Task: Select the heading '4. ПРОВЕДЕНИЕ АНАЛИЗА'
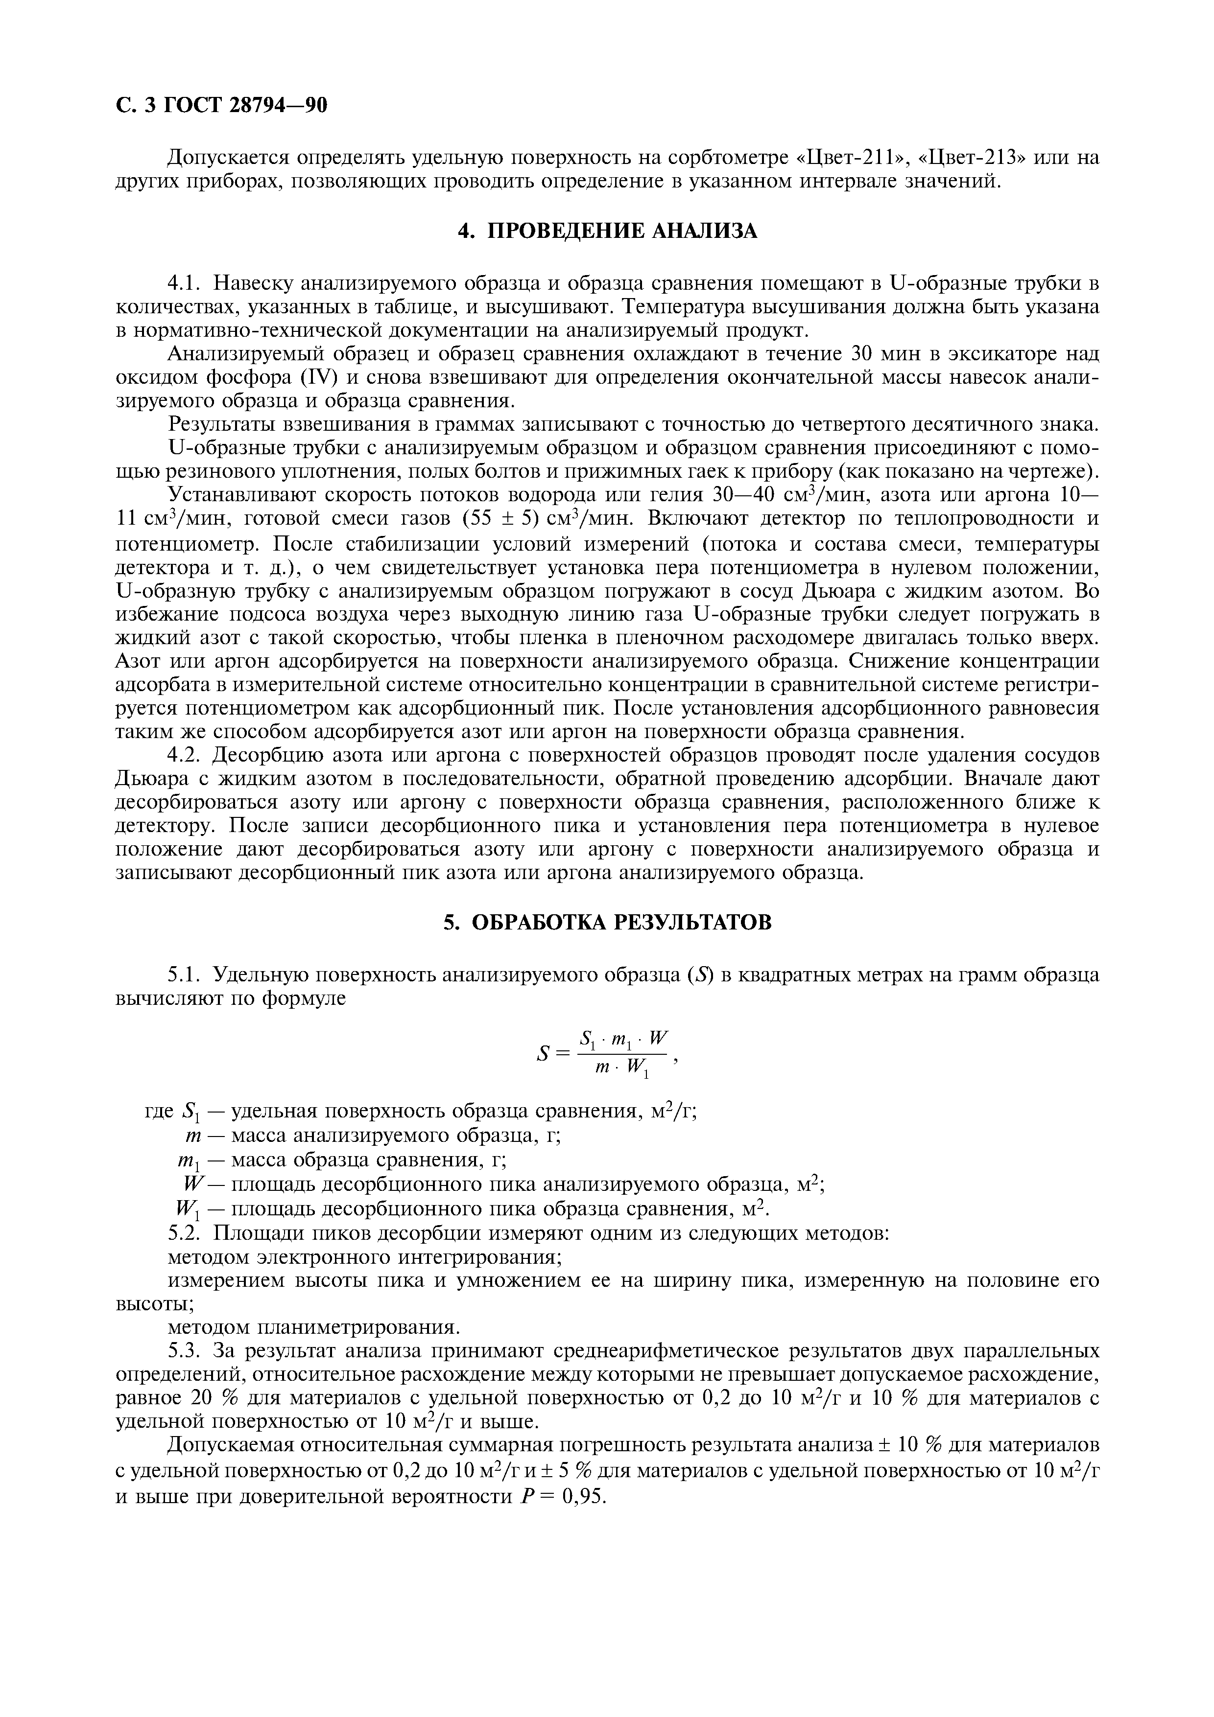pos(607,231)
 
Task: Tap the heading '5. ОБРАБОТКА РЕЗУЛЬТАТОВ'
pos(607,922)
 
